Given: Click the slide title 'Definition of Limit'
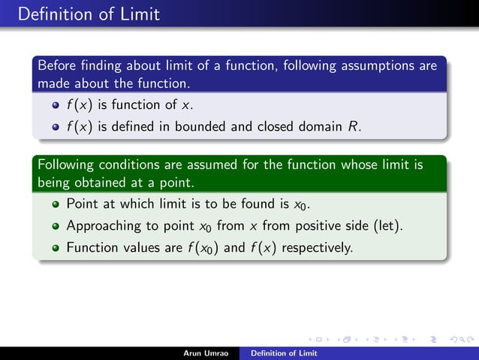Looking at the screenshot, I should point(80,14).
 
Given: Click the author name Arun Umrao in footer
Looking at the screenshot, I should point(206,352).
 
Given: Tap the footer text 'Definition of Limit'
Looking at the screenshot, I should point(284,352).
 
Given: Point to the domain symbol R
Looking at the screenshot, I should point(354,126).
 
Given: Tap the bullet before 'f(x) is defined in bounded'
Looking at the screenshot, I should point(56,127).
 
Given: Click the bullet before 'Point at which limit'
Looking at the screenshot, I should point(56,204).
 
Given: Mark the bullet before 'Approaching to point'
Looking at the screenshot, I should point(56,225).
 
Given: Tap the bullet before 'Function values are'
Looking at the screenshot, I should point(56,247).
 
